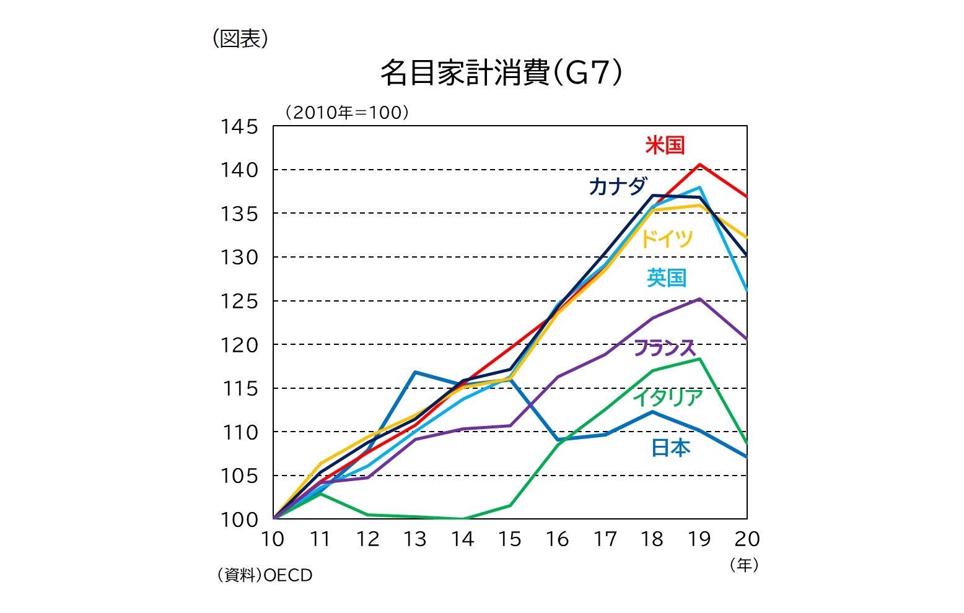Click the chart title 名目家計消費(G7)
(501, 73)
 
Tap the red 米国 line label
(664, 146)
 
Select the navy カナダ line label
(618, 186)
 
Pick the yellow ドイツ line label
(666, 238)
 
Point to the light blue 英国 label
(667, 277)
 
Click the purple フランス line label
(665, 348)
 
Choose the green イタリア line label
(668, 397)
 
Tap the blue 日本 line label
(670, 447)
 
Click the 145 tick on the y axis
(239, 127)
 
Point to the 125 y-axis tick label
(239, 302)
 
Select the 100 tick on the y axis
(239, 520)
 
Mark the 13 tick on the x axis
(415, 539)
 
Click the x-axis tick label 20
(747, 539)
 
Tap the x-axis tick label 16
(557, 539)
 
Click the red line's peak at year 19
(699, 165)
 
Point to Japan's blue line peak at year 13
(415, 372)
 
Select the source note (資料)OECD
(265, 575)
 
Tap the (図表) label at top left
(240, 39)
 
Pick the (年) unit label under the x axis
(744, 565)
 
